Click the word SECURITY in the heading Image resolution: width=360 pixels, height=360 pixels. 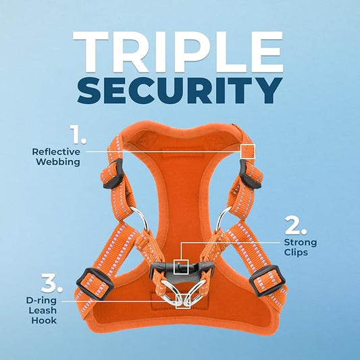(180, 90)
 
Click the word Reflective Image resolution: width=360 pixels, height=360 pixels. (56, 151)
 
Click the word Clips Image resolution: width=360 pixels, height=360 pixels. (297, 253)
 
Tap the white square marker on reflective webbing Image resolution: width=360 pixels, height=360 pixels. (248, 151)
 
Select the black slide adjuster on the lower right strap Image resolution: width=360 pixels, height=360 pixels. (267, 282)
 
